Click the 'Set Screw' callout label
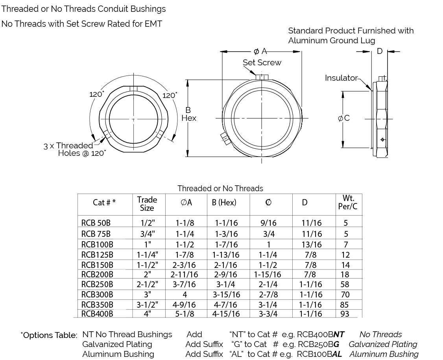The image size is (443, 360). (262, 63)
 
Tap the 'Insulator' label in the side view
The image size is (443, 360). (341, 78)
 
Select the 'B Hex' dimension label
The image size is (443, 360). (188, 114)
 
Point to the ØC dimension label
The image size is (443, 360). (344, 118)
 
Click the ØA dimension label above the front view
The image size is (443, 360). (260, 51)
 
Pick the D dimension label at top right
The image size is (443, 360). (380, 51)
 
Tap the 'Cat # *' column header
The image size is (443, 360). (104, 202)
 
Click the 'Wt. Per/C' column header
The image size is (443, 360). (347, 202)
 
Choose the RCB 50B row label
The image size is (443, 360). (96, 223)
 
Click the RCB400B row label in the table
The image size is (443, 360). (97, 314)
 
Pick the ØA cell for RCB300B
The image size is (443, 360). (185, 295)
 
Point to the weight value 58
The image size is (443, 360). (346, 284)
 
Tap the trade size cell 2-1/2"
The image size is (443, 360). (147, 284)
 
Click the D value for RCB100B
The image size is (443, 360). (312, 244)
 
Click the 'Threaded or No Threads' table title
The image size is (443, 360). (220, 188)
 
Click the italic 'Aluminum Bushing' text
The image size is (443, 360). (384, 354)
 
